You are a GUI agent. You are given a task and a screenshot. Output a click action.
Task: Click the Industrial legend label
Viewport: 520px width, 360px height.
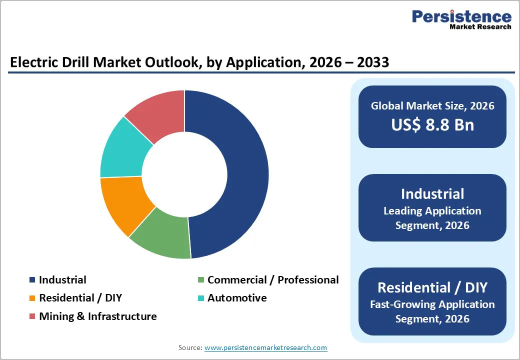click(x=62, y=280)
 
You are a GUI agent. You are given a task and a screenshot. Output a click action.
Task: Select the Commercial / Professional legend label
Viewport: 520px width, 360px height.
click(x=273, y=280)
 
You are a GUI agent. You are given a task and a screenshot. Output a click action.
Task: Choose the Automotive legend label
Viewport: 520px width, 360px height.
click(x=237, y=298)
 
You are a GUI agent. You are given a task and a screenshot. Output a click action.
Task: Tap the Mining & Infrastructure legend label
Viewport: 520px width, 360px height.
click(x=97, y=316)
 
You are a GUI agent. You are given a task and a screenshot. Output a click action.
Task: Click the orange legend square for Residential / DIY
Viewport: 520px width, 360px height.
click(x=32, y=298)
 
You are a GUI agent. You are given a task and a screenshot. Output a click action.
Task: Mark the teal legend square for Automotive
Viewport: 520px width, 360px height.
click(x=200, y=298)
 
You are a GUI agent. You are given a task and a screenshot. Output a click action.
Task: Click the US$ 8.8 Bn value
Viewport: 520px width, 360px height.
click(x=432, y=124)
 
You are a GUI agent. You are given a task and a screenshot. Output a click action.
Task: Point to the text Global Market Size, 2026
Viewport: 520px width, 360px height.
click(x=432, y=105)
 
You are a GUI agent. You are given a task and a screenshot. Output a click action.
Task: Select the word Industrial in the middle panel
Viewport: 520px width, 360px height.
click(x=432, y=194)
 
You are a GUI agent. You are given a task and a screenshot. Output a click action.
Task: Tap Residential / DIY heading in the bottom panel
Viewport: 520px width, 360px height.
click(x=432, y=287)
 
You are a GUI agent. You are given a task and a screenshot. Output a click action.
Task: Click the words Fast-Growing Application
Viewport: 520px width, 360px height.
click(x=432, y=304)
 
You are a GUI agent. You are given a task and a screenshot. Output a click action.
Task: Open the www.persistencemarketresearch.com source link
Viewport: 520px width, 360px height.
click(x=265, y=347)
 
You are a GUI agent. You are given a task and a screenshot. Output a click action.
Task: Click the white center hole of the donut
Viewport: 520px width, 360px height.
click(x=184, y=174)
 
